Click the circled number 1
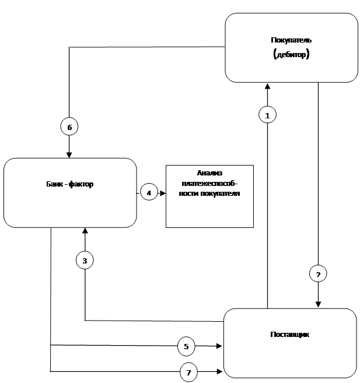pyautogui.click(x=267, y=115)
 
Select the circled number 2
pyautogui.click(x=318, y=273)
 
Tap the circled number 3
pyautogui.click(x=85, y=260)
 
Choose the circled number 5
pyautogui.click(x=186, y=346)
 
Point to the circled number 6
pyautogui.click(x=69, y=127)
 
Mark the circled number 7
pyautogui.click(x=188, y=373)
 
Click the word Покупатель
pyautogui.click(x=291, y=40)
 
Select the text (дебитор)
pyautogui.click(x=291, y=54)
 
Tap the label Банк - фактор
pyautogui.click(x=70, y=184)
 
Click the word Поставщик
pyautogui.click(x=289, y=334)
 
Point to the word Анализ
pyautogui.click(x=209, y=173)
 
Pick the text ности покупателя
pyautogui.click(x=209, y=194)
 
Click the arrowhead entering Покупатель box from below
pyautogui.click(x=268, y=86)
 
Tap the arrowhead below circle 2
pyautogui.click(x=318, y=304)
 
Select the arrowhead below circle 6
pyautogui.click(x=69, y=155)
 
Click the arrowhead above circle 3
pyautogui.click(x=85, y=231)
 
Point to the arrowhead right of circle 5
pyautogui.click(x=219, y=346)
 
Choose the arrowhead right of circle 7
pyautogui.click(x=219, y=371)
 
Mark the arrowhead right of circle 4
pyautogui.click(x=163, y=193)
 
